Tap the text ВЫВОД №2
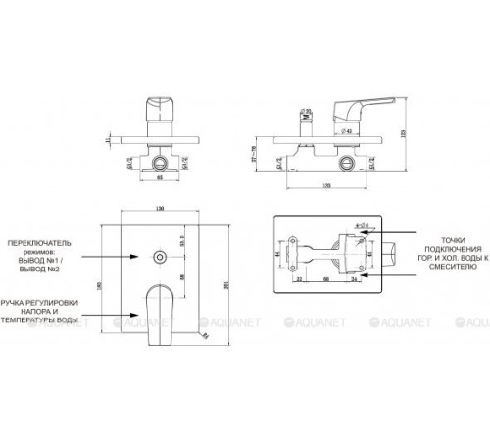click(x=37, y=268)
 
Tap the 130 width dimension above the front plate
click(x=158, y=207)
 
